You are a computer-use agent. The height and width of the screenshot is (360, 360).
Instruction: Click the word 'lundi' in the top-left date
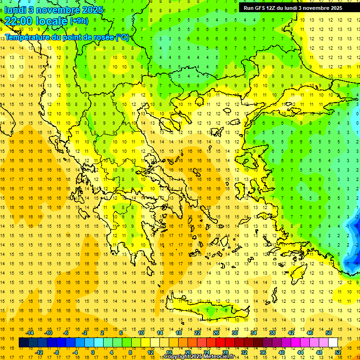click(15, 9)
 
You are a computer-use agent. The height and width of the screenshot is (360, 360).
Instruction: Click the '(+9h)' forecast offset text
click(78, 21)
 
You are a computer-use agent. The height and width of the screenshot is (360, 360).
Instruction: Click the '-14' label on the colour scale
click(30, 333)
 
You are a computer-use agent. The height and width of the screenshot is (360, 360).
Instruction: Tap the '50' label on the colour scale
click(328, 333)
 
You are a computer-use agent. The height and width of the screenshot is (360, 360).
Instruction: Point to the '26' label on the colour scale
click(216, 333)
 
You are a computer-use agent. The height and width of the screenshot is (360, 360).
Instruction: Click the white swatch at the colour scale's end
click(333, 342)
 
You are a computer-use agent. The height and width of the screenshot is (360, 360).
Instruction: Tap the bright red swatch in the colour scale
click(221, 342)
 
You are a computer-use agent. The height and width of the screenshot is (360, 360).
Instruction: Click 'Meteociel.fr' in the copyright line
click(218, 357)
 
